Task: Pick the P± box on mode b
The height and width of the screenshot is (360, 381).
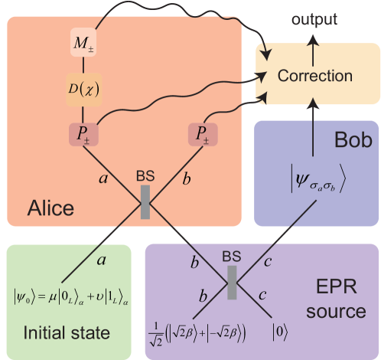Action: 202,134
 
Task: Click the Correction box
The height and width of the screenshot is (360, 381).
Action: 315,76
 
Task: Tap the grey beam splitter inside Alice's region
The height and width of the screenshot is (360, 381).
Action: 145,202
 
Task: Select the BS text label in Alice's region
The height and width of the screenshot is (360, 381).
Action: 145,175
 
